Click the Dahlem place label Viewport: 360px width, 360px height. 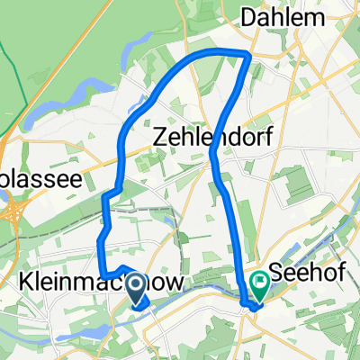tap(281, 17)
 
